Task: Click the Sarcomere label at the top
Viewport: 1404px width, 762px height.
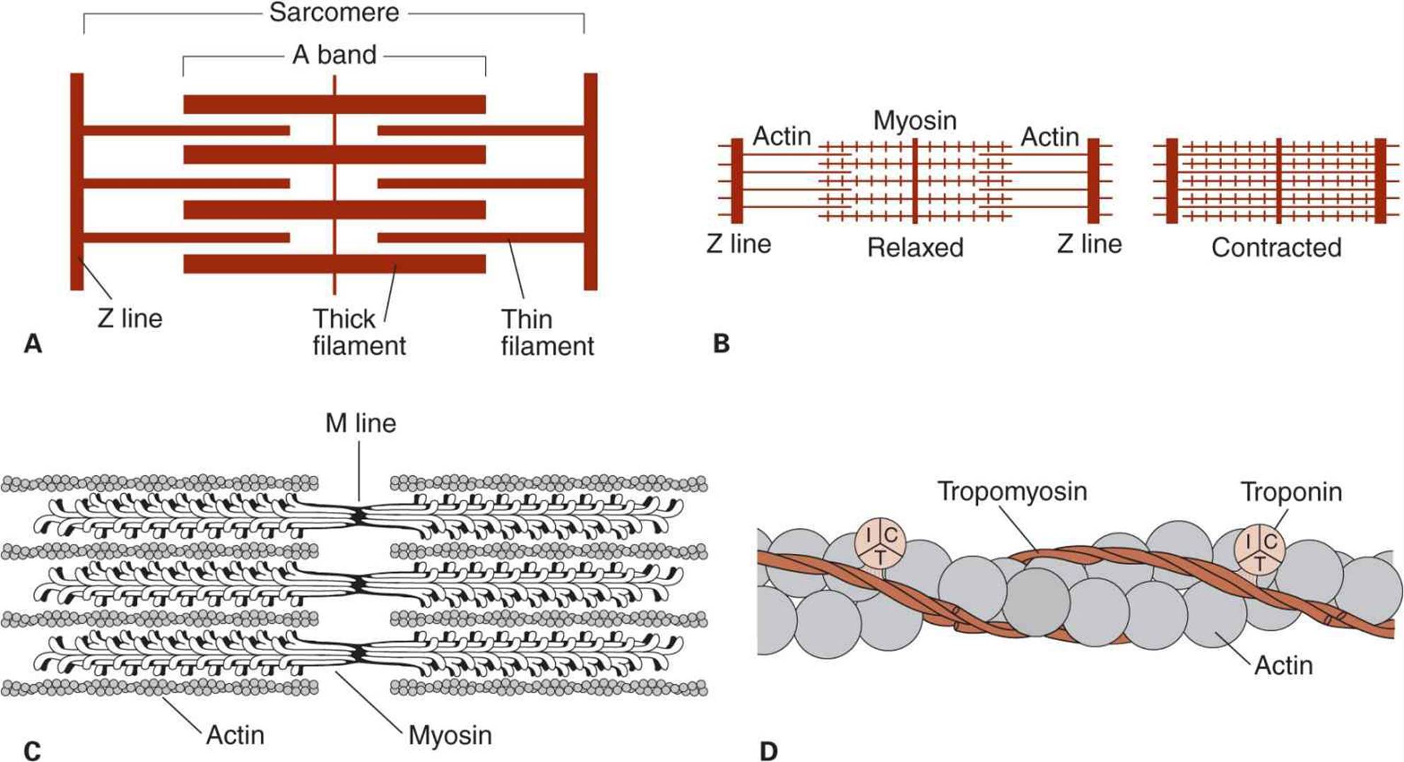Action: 334,13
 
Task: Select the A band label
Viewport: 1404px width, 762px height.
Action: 334,55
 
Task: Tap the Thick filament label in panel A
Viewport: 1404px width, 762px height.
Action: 359,332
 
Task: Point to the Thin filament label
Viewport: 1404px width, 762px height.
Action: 547,332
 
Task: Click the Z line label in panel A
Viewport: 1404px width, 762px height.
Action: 130,318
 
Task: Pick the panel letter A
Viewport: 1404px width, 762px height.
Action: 33,343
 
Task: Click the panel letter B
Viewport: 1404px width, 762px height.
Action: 721,343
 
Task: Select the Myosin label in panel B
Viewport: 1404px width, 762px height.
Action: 915,120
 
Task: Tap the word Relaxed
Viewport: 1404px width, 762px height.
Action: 915,247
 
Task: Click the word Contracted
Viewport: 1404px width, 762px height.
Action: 1277,247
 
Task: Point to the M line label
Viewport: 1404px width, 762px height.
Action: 360,423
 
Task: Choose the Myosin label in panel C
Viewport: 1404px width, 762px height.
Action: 450,735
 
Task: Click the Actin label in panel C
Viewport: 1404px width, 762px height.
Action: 235,735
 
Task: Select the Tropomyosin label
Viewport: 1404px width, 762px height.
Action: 1012,491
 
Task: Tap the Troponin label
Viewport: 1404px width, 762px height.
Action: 1291,492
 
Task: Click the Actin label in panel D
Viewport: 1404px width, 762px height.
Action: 1283,666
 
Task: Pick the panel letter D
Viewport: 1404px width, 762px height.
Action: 768,751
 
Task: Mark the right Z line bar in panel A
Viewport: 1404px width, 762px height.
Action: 590,181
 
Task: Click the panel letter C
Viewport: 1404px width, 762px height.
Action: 32,751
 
